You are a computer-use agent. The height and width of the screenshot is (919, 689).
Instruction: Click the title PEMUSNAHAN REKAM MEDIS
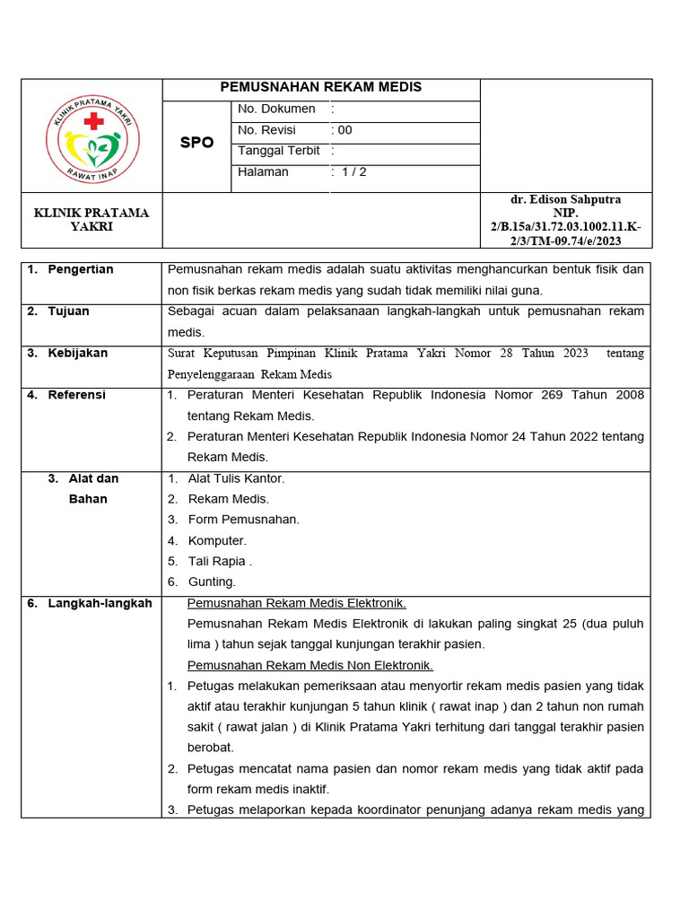(x=321, y=87)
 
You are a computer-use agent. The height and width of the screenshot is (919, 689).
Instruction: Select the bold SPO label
(x=196, y=143)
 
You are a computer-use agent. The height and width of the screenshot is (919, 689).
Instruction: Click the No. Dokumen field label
(x=276, y=109)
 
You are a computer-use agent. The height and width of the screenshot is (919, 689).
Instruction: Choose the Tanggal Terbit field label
(x=279, y=151)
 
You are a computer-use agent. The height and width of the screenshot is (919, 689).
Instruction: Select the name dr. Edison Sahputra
(x=565, y=199)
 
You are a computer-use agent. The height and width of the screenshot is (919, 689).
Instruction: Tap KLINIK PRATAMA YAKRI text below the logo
(x=92, y=220)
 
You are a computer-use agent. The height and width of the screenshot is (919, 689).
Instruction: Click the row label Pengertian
(x=80, y=269)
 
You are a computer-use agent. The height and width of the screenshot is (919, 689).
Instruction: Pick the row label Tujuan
(x=68, y=311)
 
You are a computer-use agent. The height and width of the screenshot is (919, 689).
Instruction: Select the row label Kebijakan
(x=77, y=353)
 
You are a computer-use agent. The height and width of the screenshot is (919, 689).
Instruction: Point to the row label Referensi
(x=76, y=395)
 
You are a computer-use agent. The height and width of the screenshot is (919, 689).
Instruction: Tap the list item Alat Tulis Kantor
(x=236, y=478)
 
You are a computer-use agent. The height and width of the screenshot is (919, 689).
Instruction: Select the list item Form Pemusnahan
(x=243, y=520)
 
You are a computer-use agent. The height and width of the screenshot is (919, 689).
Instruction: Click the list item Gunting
(x=212, y=582)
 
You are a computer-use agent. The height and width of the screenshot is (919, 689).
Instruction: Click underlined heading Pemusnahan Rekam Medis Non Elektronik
(x=310, y=665)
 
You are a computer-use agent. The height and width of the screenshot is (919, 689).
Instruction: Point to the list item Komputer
(x=217, y=540)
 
